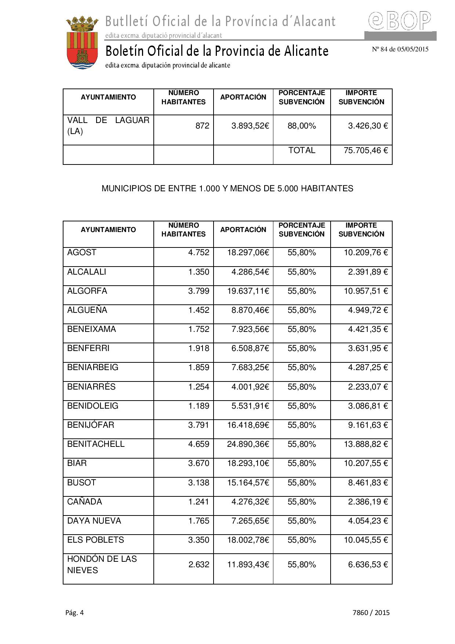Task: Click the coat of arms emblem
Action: point(82,43)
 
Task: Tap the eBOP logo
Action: point(400,21)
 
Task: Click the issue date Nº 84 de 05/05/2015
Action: point(400,49)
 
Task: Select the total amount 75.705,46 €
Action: point(365,150)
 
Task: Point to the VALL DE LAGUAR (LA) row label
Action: point(108,126)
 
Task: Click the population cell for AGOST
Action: point(199,253)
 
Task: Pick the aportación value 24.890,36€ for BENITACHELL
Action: point(248,444)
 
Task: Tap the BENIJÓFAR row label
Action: point(91,425)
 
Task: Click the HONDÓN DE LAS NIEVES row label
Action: point(102,565)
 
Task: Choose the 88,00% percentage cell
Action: point(302,126)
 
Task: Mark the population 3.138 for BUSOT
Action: point(199,482)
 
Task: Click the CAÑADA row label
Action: point(84,502)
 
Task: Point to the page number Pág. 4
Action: point(74,612)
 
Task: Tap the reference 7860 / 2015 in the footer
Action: point(371,612)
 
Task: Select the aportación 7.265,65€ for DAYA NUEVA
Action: point(250,521)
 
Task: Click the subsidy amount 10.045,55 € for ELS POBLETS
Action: point(365,540)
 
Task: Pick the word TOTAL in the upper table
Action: point(302,150)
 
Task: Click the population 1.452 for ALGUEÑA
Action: point(199,310)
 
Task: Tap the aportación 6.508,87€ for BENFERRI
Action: point(250,348)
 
